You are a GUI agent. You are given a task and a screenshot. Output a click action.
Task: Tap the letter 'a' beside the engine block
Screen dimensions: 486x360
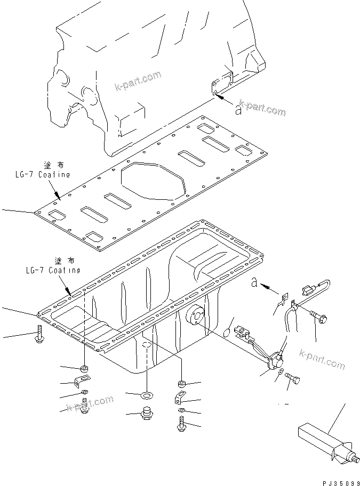(x=238, y=110)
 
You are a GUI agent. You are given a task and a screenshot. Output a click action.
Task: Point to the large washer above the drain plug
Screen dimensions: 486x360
(x=146, y=395)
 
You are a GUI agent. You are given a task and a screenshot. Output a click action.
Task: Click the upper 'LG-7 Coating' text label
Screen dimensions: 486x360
(x=43, y=174)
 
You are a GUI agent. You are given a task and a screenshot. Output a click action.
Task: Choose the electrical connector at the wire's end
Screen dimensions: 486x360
(x=307, y=290)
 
